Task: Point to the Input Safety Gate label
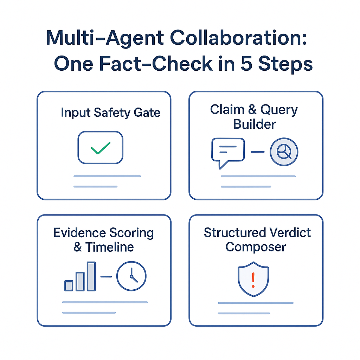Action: click(110, 112)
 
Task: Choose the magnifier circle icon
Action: click(284, 152)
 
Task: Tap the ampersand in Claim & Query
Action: click(253, 110)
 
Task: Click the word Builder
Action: click(254, 124)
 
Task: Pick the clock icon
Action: click(131, 277)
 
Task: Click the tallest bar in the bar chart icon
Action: click(91, 276)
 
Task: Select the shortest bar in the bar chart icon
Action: click(69, 285)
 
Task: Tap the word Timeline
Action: click(109, 247)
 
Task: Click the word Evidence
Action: click(79, 233)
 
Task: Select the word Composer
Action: click(256, 247)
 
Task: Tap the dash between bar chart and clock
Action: click(106, 277)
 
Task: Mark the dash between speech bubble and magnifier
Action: click(257, 152)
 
